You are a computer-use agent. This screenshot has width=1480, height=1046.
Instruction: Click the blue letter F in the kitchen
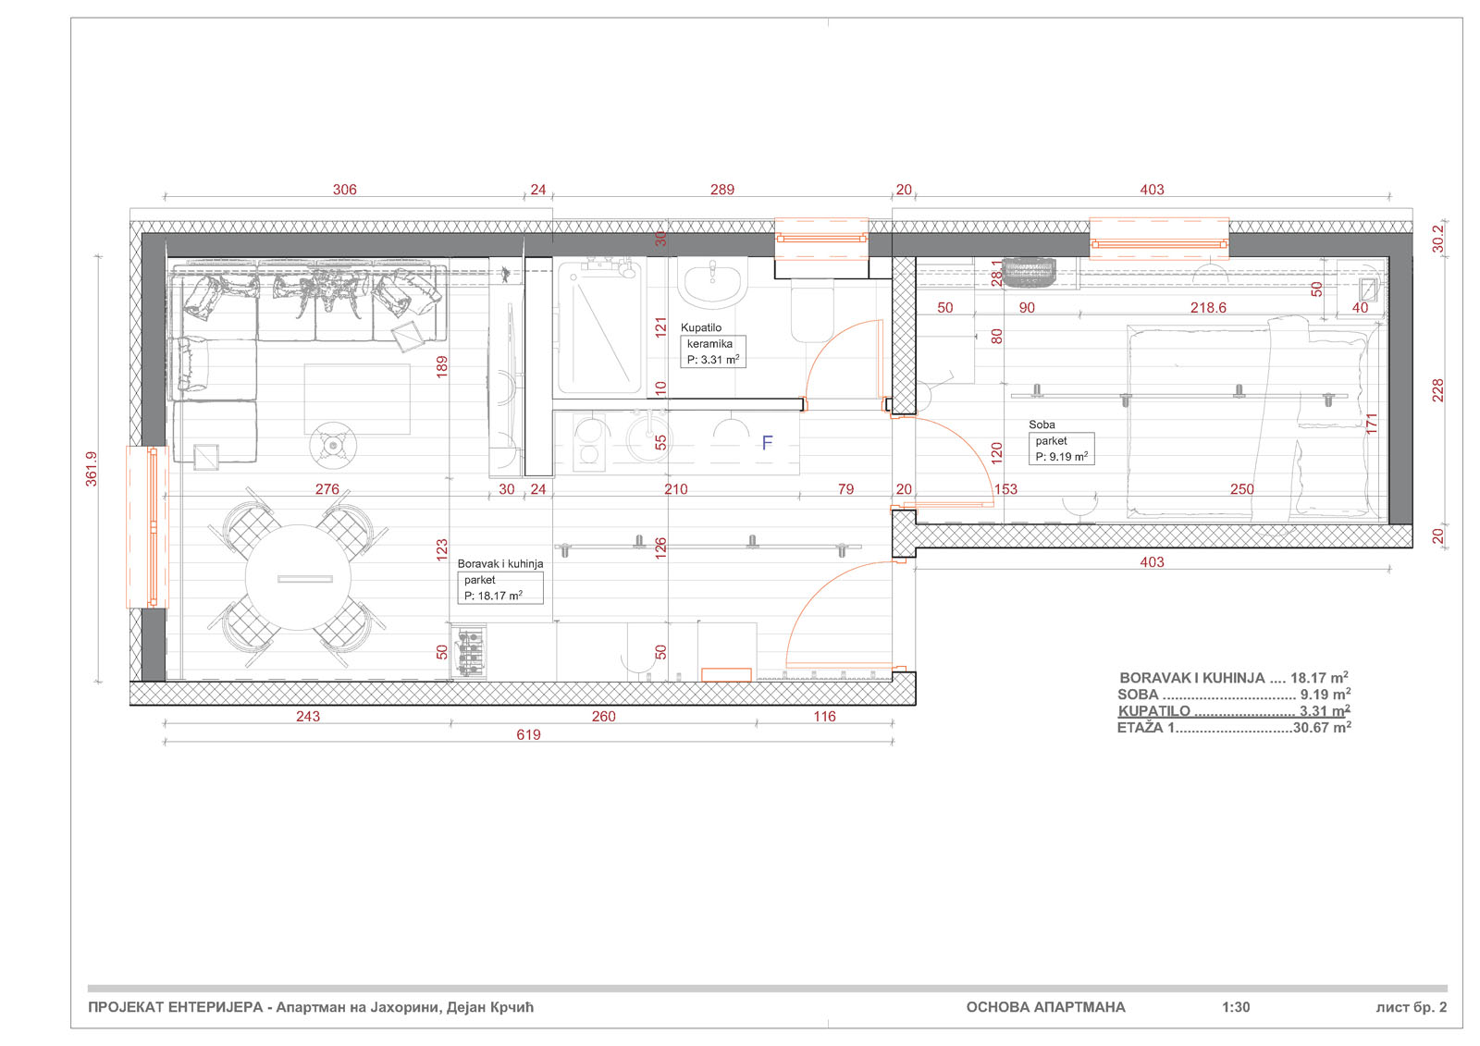click(767, 443)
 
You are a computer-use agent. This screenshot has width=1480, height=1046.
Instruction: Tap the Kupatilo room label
click(701, 327)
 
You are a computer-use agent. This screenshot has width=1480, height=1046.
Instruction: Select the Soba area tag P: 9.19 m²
click(1061, 457)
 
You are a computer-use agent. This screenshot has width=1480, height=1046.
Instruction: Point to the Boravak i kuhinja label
click(499, 563)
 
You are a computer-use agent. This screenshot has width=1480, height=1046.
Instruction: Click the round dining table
click(299, 578)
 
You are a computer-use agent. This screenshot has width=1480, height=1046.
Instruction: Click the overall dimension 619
click(528, 735)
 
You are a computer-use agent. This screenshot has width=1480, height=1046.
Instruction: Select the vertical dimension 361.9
click(92, 468)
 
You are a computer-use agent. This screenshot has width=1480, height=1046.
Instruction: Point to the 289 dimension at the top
click(721, 190)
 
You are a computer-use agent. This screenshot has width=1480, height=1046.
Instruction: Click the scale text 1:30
click(1235, 1007)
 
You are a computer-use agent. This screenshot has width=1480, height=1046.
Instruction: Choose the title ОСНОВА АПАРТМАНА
click(1045, 1007)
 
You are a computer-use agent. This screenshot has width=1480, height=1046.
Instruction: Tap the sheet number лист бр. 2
click(1411, 1007)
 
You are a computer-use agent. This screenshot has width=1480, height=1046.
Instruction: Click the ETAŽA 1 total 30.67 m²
click(1233, 728)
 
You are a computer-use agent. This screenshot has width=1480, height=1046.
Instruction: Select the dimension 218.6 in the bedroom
click(1208, 308)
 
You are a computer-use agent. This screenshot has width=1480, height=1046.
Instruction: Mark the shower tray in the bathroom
click(599, 328)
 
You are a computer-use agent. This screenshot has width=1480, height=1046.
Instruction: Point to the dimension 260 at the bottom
click(603, 717)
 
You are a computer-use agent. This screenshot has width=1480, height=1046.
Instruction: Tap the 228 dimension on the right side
click(1437, 390)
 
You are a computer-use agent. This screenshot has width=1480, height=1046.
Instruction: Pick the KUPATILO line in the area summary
click(1233, 711)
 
